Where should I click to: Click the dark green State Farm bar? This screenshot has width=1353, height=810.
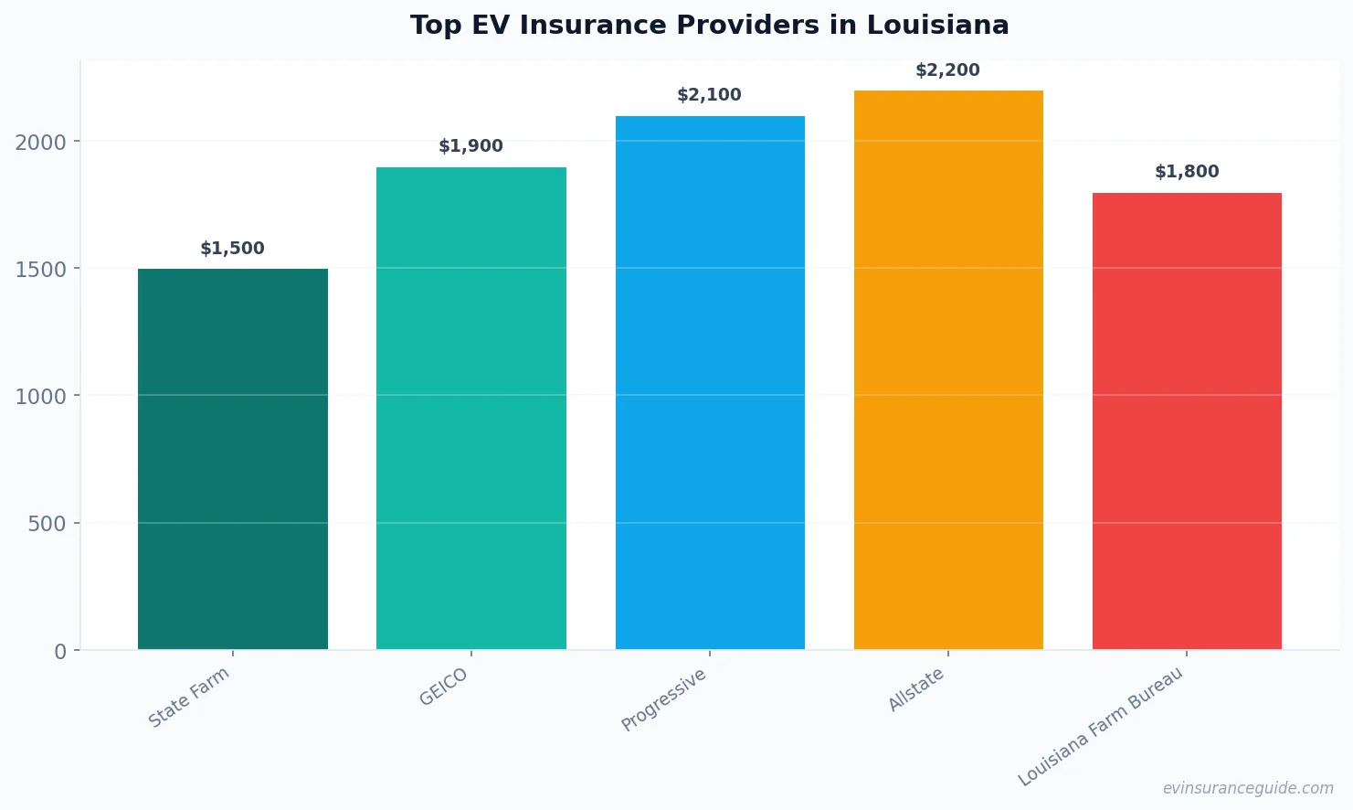(x=232, y=459)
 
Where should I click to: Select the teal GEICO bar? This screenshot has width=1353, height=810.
(x=470, y=409)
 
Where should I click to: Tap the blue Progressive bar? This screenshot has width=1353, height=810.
(x=710, y=383)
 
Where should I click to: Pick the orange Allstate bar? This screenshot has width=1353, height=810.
(x=948, y=370)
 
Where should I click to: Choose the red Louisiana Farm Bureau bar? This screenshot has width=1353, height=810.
(x=1187, y=421)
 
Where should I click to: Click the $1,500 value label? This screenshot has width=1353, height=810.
(x=232, y=249)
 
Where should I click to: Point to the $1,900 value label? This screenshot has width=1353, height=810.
(x=470, y=146)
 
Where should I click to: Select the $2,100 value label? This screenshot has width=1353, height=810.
(x=709, y=95)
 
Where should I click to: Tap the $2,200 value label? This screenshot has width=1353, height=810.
(x=947, y=70)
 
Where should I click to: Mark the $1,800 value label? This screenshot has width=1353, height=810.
(x=1187, y=172)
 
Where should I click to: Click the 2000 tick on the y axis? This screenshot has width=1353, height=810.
(x=41, y=142)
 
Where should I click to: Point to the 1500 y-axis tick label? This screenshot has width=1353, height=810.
(x=41, y=270)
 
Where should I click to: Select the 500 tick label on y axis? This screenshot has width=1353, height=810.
(x=48, y=524)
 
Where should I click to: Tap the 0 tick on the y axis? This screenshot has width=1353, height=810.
(x=60, y=652)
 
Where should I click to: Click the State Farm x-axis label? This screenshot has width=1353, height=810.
(x=189, y=698)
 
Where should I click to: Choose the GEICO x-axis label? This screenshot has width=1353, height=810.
(x=444, y=687)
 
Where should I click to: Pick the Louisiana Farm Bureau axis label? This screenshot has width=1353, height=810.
(x=1101, y=727)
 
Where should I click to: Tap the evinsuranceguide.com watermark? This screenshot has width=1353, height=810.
(x=1248, y=788)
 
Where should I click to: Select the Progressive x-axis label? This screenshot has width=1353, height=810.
(x=664, y=699)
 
